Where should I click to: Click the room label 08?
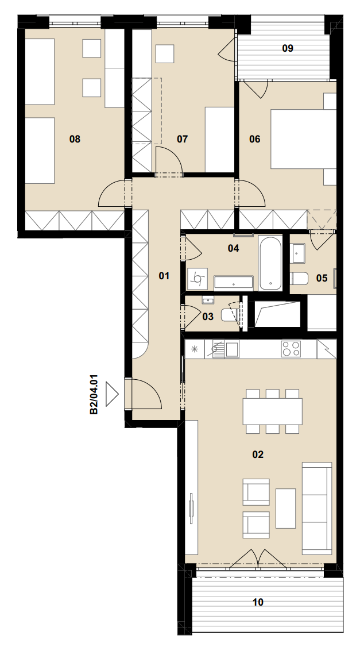tap(75, 139)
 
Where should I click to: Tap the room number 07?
tap(182, 139)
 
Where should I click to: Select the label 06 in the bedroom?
tap(255, 139)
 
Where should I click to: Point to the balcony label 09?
tap(288, 48)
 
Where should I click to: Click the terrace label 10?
tap(258, 602)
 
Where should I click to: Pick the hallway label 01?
tap(164, 276)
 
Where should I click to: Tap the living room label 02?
tap(258, 455)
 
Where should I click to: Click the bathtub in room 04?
tap(270, 263)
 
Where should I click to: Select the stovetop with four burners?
tap(291, 349)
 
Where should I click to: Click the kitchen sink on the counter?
tap(225, 349)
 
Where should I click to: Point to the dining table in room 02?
tap(273, 411)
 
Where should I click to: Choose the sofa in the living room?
tap(317, 509)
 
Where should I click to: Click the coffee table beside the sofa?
tap(285, 509)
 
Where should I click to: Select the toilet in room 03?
tap(229, 315)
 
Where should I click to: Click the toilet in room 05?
tap(300, 279)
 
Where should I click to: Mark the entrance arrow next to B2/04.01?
tap(112, 394)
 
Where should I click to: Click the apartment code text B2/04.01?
tap(94, 394)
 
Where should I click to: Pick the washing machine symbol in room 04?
tap(198, 279)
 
